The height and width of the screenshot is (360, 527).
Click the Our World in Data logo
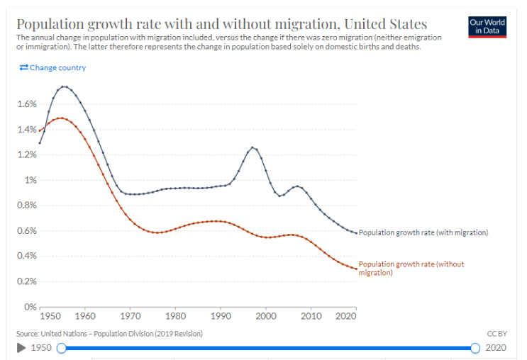pos(487,27)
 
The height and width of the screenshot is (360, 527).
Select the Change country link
pos(52,67)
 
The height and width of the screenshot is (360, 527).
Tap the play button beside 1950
pos(21,347)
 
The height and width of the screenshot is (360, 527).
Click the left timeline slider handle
pos(62,348)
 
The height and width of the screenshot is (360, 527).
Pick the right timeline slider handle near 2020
pos(475,348)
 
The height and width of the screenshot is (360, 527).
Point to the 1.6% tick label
pos(27,104)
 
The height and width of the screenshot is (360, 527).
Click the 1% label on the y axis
pos(30,180)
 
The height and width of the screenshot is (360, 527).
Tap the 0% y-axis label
pos(30,307)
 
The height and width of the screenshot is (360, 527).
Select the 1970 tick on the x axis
pos(131,316)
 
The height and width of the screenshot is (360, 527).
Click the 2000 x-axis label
pos(266,316)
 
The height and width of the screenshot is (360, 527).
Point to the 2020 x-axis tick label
pos(346,316)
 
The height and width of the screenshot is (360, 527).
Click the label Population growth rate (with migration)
pos(423,232)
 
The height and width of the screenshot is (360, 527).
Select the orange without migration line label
pos(411,269)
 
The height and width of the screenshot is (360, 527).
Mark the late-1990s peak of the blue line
pos(253,147)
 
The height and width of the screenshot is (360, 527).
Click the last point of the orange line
pos(356,269)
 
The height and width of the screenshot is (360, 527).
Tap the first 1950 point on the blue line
pos(40,143)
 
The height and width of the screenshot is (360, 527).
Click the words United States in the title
pos(386,24)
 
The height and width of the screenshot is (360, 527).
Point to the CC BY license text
pos(497,334)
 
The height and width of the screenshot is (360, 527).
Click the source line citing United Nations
pos(109,334)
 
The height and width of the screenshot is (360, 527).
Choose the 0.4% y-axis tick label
pos(27,256)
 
